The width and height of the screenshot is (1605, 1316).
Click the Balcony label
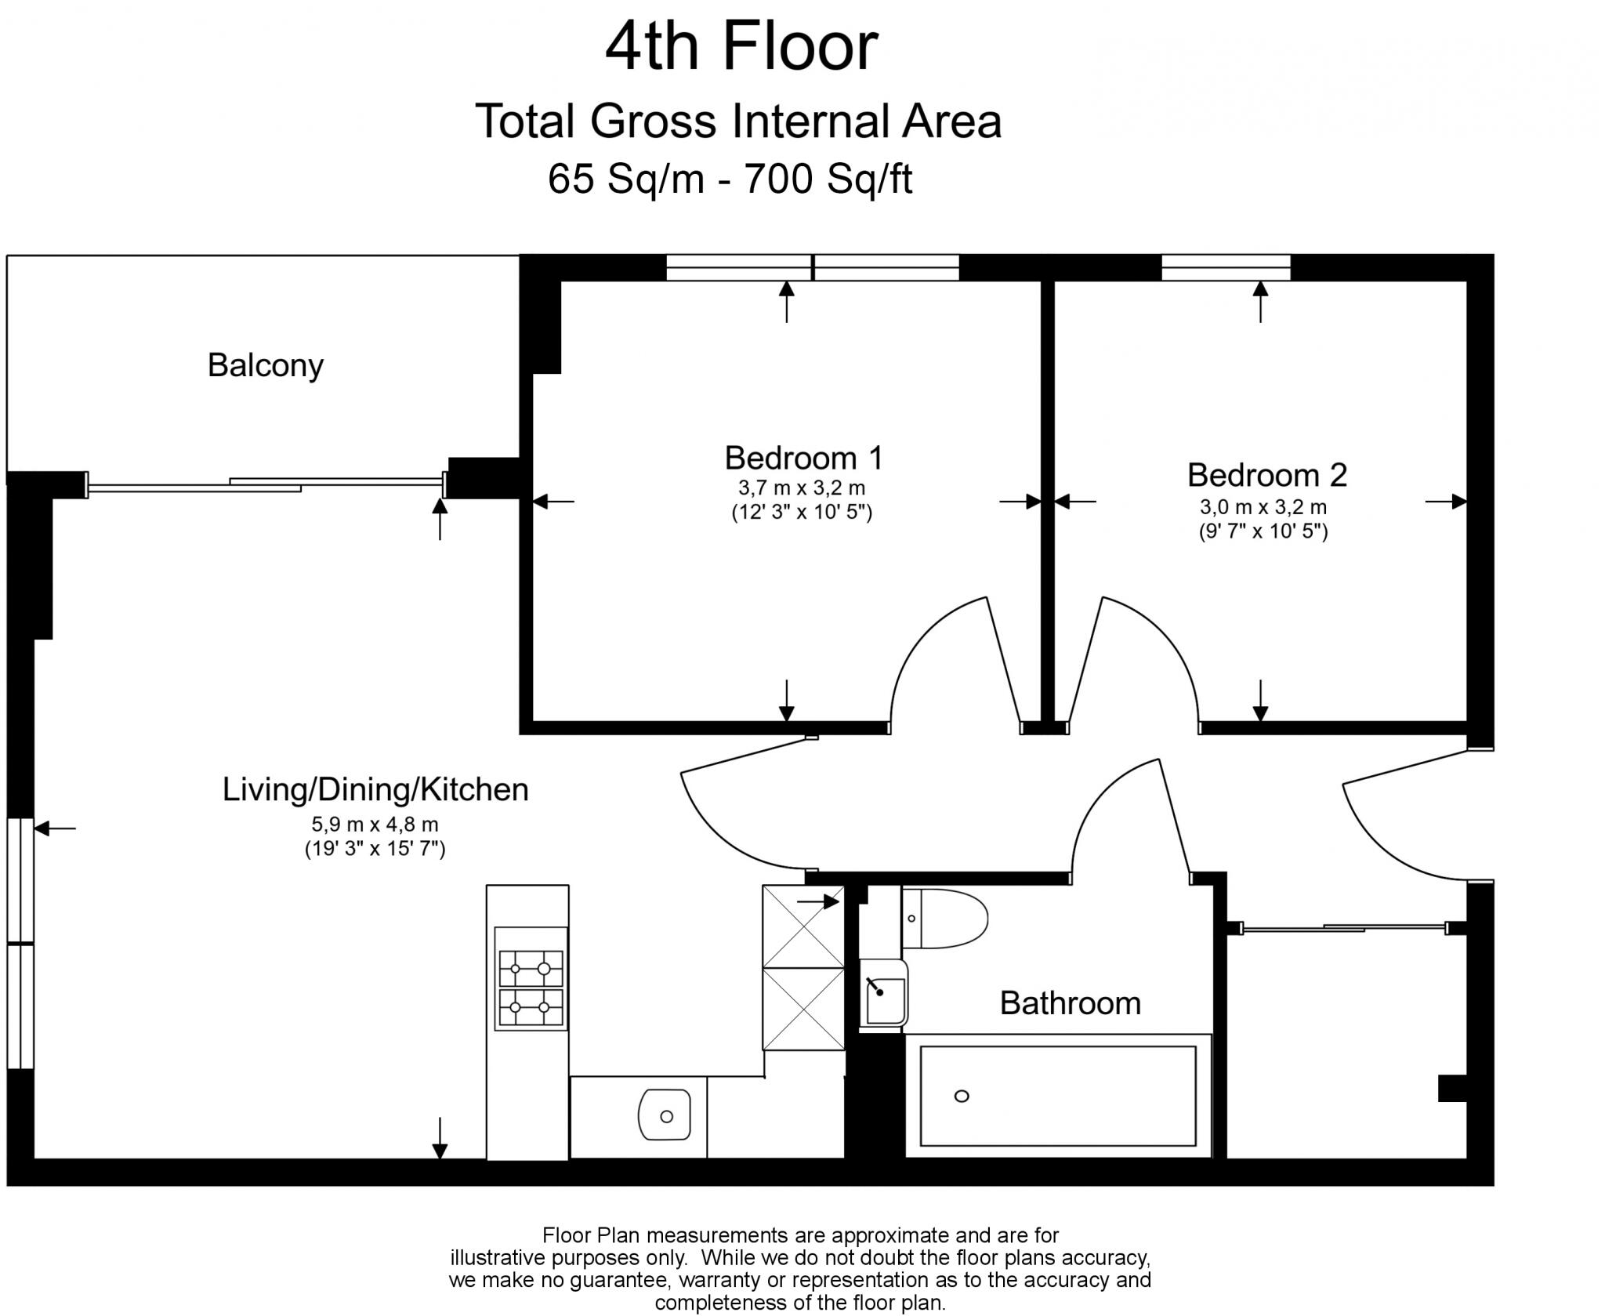pyautogui.click(x=265, y=366)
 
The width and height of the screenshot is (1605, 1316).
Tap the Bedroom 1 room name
pyautogui.click(x=803, y=458)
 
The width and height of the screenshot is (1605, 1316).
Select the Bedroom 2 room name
pyautogui.click(x=1266, y=475)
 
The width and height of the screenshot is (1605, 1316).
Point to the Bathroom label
pyautogui.click(x=1070, y=1003)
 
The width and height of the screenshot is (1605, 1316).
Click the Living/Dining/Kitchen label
pyautogui.click(x=375, y=789)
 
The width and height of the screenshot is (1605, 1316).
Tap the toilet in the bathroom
pyautogui.click(x=944, y=918)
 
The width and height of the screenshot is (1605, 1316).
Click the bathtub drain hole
pyautogui.click(x=962, y=1096)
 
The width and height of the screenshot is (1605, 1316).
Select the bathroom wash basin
pyautogui.click(x=884, y=992)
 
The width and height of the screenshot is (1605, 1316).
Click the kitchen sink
pyautogui.click(x=665, y=1115)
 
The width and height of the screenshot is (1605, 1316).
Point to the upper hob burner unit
pyautogui.click(x=531, y=969)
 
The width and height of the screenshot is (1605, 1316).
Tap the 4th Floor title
pyautogui.click(x=741, y=47)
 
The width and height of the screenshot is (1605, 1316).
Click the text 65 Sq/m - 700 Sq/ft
pyautogui.click(x=730, y=179)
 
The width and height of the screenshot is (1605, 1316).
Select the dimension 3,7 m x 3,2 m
pyautogui.click(x=802, y=488)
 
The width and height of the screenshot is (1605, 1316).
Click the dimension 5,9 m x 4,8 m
pyautogui.click(x=375, y=825)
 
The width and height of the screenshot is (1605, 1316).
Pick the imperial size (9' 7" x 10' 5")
pyautogui.click(x=1263, y=531)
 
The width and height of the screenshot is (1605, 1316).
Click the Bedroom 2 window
pyautogui.click(x=1226, y=267)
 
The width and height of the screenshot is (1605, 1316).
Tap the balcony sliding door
pyautogui.click(x=266, y=484)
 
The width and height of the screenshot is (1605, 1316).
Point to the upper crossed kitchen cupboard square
pyautogui.click(x=803, y=926)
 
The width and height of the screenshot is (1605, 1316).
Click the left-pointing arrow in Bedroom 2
pyautogui.click(x=1075, y=501)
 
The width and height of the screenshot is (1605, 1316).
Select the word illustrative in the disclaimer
pyautogui.click(x=500, y=1258)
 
